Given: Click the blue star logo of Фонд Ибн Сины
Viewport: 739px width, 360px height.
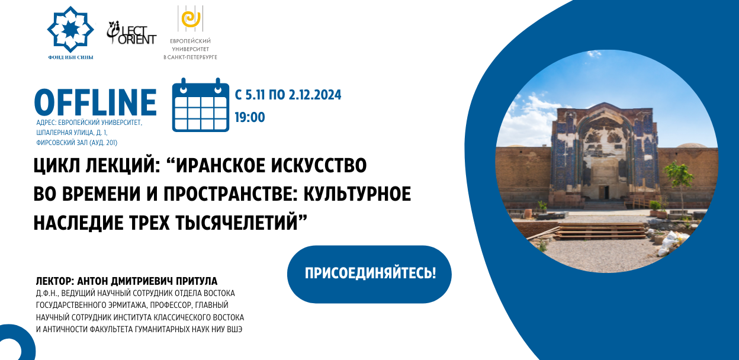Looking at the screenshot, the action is (70, 30).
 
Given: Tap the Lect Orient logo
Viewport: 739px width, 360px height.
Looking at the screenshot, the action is (131, 33).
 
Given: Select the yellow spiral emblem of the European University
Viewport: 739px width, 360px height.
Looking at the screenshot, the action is (191, 19).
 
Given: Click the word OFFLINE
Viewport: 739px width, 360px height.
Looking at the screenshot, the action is (95, 102).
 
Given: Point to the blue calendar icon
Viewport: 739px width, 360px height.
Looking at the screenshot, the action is (201, 105).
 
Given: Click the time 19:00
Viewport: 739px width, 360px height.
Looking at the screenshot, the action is (250, 117).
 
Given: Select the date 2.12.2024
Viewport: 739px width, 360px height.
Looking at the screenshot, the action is (315, 95).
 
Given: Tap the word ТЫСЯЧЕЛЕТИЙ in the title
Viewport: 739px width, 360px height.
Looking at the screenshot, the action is (236, 223).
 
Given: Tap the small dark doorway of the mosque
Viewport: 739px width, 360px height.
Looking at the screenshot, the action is (604, 192).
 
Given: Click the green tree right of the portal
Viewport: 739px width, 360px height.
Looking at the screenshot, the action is (678, 180).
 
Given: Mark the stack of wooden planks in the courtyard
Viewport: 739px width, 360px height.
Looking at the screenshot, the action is (601, 230).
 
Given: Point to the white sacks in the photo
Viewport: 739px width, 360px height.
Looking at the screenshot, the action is (670, 242).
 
